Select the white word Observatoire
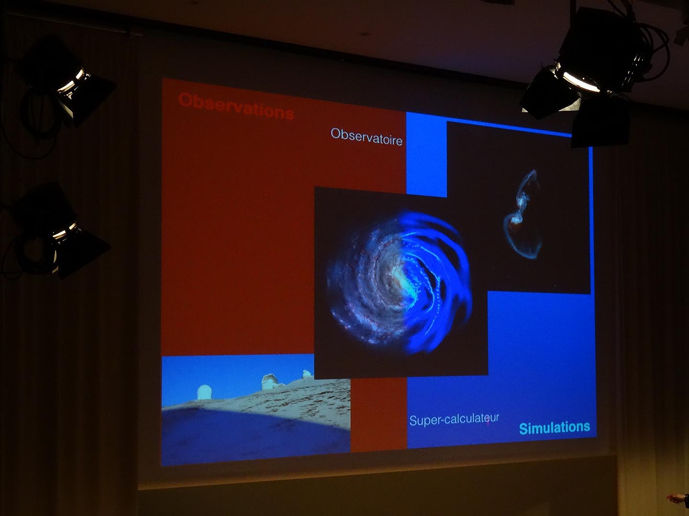pos(367,137)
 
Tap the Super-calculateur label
pos(454,419)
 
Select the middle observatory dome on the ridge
pos(270,382)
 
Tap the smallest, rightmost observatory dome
pos(307,374)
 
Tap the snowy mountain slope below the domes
pos(282,404)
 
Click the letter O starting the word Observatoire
pos(335,133)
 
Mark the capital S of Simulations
pos(523,428)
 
